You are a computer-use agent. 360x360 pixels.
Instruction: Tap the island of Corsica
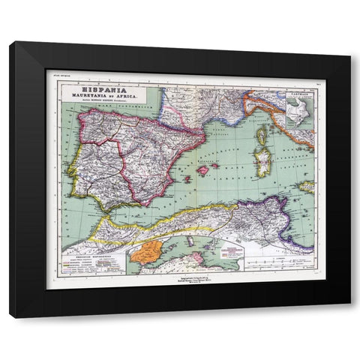pyautogui.click(x=262, y=136)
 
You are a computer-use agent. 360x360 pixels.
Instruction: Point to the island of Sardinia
pyautogui.click(x=265, y=163)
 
